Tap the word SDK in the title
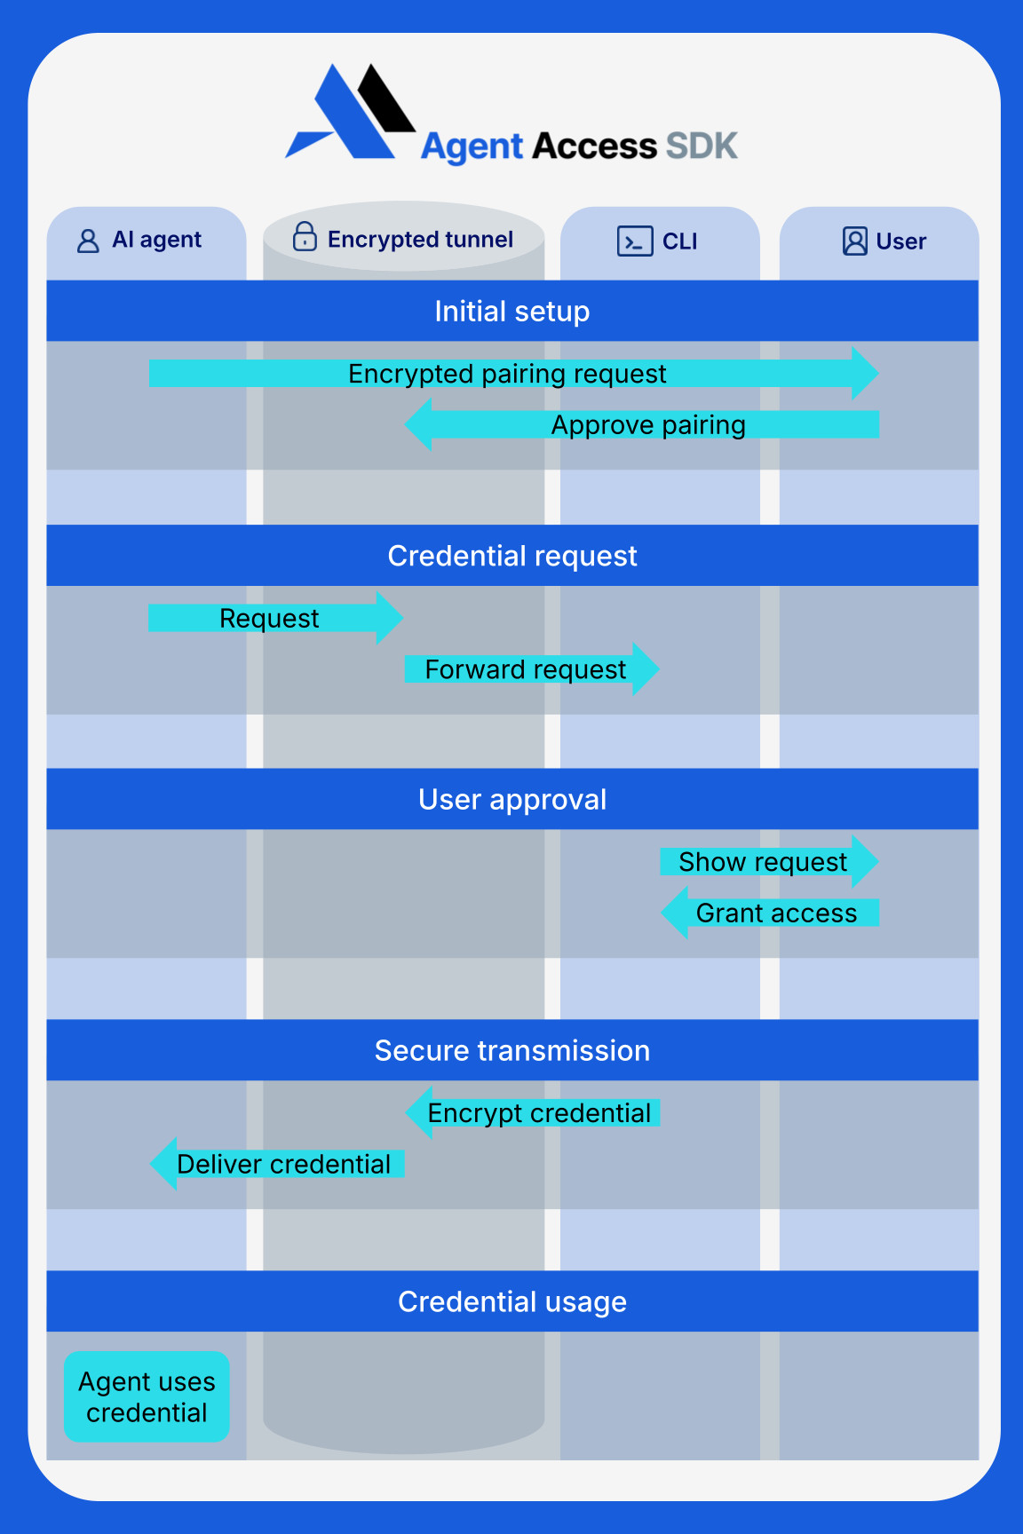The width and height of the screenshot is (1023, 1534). (702, 146)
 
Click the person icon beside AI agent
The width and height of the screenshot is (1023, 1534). (88, 241)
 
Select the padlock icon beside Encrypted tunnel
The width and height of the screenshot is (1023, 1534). (305, 237)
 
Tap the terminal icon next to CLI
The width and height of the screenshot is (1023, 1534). (635, 241)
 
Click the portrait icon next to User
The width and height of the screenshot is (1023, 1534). (854, 241)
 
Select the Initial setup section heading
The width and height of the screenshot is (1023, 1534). (511, 312)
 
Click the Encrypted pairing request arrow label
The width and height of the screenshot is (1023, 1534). (507, 374)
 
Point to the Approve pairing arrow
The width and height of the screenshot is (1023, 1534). (647, 425)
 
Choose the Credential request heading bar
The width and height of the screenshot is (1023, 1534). (511, 556)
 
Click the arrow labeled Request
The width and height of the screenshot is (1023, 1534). (269, 619)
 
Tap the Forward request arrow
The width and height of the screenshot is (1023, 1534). (525, 669)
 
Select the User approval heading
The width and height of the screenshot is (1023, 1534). (511, 800)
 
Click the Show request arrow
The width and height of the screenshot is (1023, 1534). (763, 862)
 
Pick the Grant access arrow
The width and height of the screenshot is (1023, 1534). (775, 913)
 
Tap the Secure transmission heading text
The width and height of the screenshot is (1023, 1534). (511, 1051)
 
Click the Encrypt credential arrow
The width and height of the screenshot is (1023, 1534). (538, 1113)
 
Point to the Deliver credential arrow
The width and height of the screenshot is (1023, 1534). (283, 1165)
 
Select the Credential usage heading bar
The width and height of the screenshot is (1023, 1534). (511, 1302)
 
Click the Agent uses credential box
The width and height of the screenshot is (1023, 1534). (147, 1397)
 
